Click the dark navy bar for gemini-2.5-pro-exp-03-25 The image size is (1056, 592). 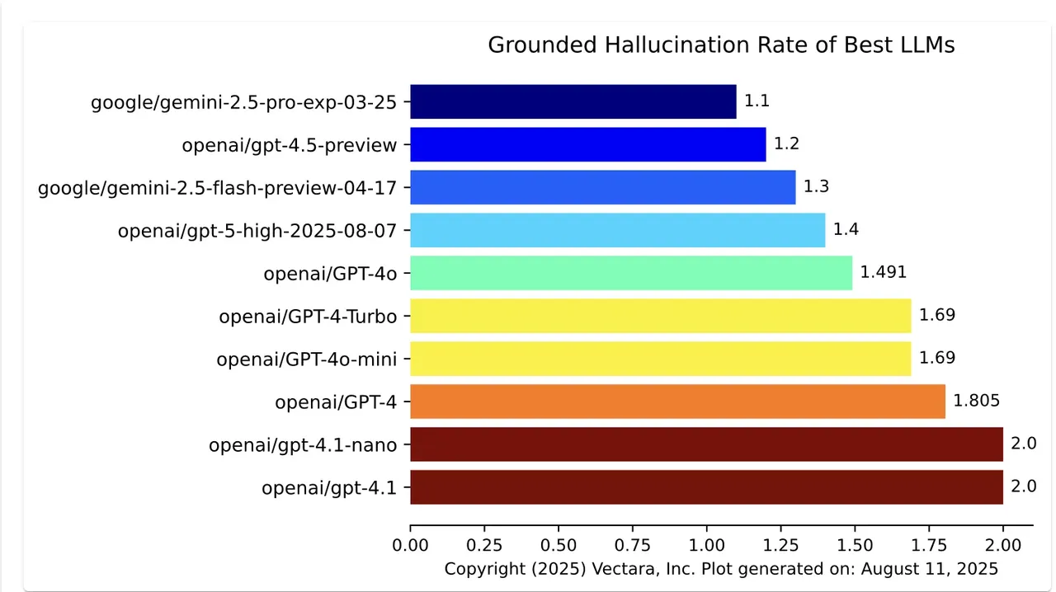(573, 101)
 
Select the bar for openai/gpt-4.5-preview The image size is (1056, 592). (587, 144)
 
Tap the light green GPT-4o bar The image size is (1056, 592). (630, 273)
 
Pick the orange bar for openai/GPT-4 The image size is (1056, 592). (677, 402)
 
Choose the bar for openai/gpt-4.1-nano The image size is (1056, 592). (706, 444)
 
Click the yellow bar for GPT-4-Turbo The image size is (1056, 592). (660, 316)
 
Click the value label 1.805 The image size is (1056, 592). (977, 402)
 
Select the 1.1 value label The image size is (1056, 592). (757, 101)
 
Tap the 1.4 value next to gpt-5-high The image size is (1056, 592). (846, 230)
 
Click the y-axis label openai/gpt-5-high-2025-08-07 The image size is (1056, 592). (257, 231)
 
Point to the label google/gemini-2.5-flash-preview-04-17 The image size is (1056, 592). (218, 188)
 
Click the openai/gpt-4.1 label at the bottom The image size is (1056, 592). (329, 488)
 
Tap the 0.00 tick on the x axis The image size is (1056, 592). (410, 546)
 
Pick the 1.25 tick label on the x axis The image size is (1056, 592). (780, 546)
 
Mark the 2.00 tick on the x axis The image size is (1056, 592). (1003, 546)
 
